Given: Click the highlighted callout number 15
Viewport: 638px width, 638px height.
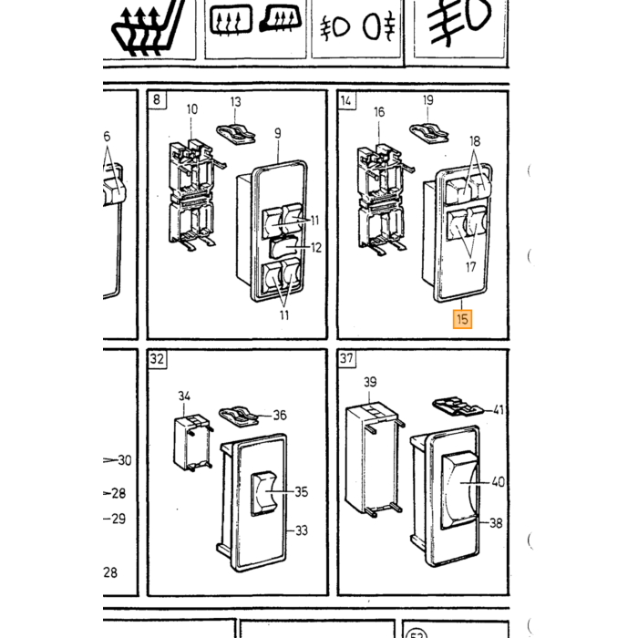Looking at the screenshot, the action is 462,319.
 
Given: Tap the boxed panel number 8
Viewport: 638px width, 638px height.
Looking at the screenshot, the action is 157,99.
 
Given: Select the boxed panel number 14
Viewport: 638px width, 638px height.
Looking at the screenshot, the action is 345,100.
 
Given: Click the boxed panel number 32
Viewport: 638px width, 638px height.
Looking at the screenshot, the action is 157,359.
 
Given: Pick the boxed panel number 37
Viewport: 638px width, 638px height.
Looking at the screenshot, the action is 346,358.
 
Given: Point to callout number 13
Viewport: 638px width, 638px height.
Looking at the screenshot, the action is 235,102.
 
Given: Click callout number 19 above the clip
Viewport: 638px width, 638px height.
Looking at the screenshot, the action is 428,100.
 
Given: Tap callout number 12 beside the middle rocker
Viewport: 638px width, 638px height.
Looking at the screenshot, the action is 316,247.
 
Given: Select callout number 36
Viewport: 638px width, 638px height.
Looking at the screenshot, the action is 280,415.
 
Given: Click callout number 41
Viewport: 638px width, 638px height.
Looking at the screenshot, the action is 499,409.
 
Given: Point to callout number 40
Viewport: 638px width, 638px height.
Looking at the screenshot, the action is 499,482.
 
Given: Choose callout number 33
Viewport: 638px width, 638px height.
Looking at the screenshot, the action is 302,530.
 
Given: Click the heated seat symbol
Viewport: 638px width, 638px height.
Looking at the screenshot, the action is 148,27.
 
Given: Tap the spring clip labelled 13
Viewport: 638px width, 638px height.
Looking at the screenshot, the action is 236,134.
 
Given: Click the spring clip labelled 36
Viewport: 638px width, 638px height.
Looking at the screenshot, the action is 239,417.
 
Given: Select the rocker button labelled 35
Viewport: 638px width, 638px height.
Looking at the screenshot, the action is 263,493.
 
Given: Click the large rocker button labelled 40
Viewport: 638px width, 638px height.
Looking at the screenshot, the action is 459,490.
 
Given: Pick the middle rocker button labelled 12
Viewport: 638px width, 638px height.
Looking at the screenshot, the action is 284,247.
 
